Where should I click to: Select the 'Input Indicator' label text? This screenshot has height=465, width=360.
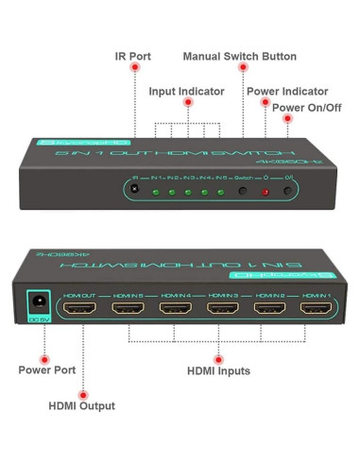pos(187,91)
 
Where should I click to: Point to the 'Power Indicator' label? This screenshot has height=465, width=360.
pos(287,91)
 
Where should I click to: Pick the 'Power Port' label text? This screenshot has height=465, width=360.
pos(46,370)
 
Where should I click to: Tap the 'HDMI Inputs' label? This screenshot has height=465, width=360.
pos(218,371)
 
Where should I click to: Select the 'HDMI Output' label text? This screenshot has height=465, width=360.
pos(82,405)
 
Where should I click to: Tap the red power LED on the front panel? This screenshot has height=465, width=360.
pos(266,193)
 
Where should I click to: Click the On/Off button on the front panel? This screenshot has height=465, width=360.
pos(289,193)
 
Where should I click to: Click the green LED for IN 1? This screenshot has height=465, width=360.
pos(157,191)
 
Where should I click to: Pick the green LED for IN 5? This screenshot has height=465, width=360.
pos(220,192)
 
